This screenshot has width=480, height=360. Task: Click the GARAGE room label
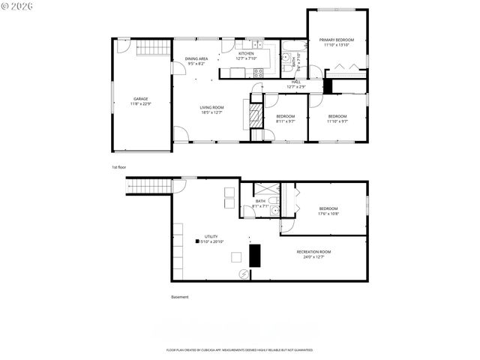[x=140, y=98]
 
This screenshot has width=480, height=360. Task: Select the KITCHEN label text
[x=246, y=53]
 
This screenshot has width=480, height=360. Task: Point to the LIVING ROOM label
[x=211, y=107]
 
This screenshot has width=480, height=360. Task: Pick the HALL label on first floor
[x=295, y=82]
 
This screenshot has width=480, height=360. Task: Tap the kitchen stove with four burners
[x=259, y=72]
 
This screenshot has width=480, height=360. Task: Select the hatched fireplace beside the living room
[x=255, y=116]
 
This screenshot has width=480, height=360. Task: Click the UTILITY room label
[x=211, y=236]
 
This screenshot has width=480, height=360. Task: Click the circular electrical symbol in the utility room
[x=242, y=274]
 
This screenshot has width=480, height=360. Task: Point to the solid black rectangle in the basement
[x=254, y=256]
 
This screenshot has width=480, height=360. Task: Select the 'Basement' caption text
[x=180, y=297]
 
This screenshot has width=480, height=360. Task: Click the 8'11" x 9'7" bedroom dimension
[x=285, y=121]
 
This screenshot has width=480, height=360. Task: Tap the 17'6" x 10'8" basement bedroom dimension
[x=328, y=214]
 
